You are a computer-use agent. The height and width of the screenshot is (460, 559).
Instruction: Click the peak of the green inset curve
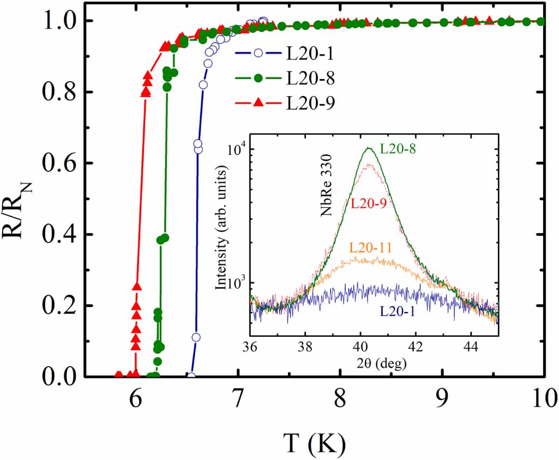pyautogui.click(x=370, y=148)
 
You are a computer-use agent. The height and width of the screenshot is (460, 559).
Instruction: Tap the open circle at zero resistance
pyautogui.click(x=191, y=375)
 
